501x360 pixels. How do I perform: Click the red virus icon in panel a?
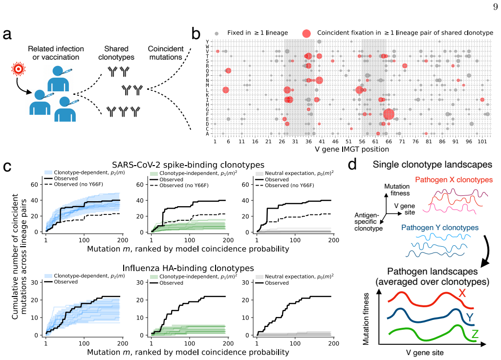click(x=18, y=69)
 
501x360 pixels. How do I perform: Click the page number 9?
click(x=495, y=7)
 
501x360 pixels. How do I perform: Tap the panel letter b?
click(x=196, y=33)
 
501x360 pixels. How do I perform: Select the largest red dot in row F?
click(x=389, y=114)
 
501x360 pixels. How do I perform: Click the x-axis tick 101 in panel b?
click(x=482, y=142)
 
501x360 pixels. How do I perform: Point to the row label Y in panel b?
click(x=207, y=42)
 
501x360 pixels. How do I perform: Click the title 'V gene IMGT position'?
click(x=352, y=149)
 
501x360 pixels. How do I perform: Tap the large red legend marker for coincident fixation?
click(x=306, y=33)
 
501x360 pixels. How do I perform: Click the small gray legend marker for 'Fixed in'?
click(x=217, y=33)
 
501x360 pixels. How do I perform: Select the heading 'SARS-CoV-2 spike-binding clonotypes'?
click(x=188, y=165)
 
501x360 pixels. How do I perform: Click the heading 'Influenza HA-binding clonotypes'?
click(x=188, y=268)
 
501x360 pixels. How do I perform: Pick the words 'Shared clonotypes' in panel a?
click(x=116, y=53)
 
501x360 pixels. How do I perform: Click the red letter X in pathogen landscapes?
click(x=462, y=293)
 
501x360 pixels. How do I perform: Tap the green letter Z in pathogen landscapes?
click(x=475, y=334)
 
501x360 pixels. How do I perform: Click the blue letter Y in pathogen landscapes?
click(x=470, y=318)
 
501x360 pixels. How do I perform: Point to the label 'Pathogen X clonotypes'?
click(x=454, y=180)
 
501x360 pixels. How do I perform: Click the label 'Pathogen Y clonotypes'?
click(x=439, y=228)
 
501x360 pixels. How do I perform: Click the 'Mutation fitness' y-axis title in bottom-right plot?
click(x=366, y=319)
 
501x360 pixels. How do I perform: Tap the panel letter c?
click(x=7, y=167)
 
